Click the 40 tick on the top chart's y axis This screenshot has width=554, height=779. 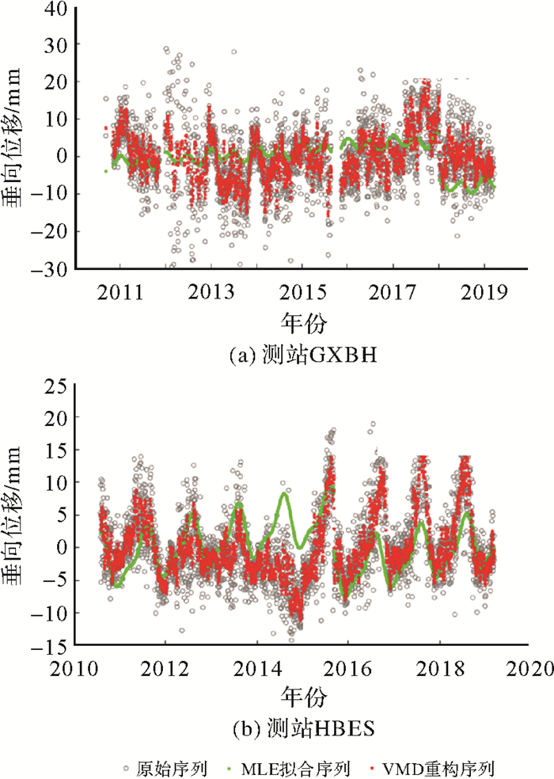(53, 9)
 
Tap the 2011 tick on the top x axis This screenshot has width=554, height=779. (120, 292)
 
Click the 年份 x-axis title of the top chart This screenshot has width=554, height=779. (304, 321)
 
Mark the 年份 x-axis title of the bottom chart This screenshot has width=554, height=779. (304, 697)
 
